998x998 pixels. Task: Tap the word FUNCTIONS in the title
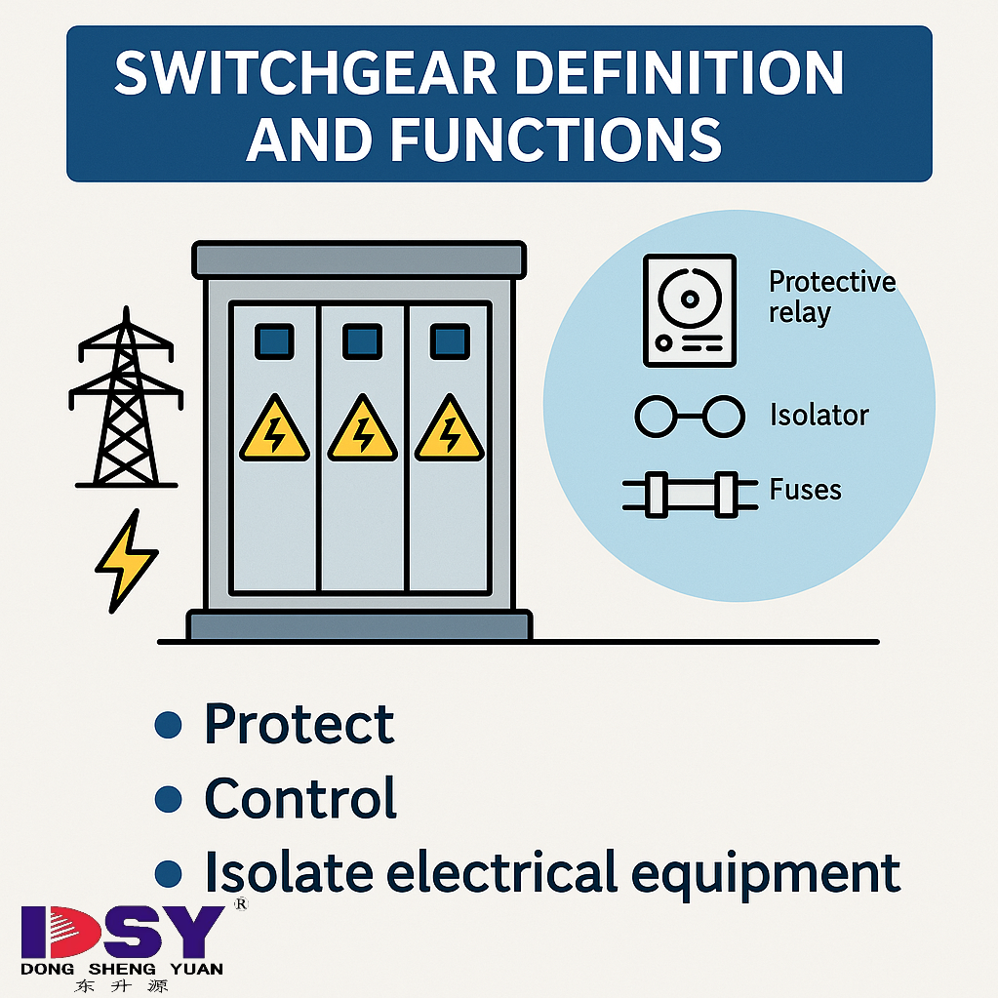556,138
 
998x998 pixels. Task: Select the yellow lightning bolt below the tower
126,562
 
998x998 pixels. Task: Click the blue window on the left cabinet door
273,341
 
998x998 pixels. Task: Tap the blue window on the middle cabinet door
362,341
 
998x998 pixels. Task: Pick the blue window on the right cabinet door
450,341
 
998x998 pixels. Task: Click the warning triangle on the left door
273,431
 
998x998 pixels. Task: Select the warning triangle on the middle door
362,431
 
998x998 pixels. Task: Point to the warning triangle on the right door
450,431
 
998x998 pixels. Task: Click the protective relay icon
689,309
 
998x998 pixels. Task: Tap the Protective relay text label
831,297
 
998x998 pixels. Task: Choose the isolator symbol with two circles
689,417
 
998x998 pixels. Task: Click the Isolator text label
818,416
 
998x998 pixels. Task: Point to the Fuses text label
805,489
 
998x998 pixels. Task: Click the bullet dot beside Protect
169,725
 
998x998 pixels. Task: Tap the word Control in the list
299,798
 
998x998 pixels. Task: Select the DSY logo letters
122,933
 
